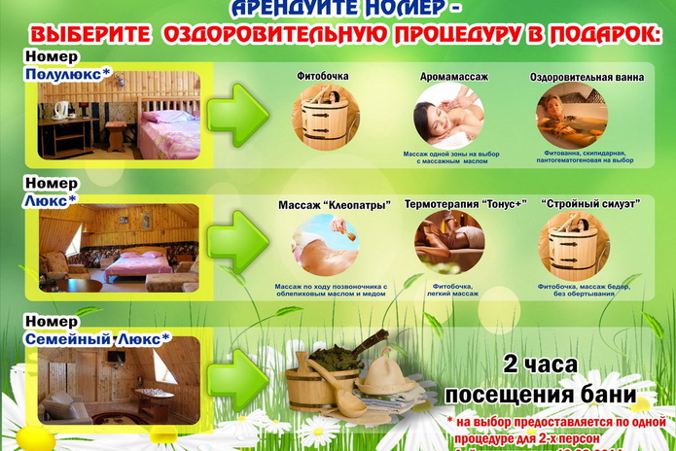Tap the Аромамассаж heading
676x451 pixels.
(453, 76)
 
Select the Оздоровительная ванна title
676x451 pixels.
(587, 76)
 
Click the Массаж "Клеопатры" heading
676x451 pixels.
(334, 205)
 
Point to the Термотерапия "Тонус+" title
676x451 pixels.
(464, 204)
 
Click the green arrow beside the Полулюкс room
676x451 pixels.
(239, 115)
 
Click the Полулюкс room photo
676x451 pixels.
(119, 116)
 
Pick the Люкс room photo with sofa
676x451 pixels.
(119, 248)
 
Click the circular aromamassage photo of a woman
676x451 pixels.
(449, 116)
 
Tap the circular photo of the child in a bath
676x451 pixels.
(572, 115)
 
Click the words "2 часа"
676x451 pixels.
(540, 365)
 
